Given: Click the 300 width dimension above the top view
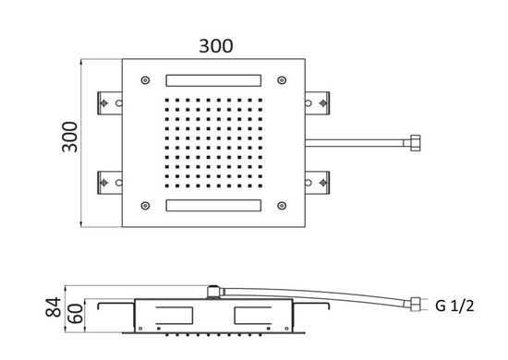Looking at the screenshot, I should (x=214, y=45).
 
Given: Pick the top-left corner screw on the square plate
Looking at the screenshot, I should (x=145, y=78).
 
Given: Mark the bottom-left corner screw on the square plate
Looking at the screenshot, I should (x=145, y=204).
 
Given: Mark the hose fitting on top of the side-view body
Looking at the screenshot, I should (x=215, y=294).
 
